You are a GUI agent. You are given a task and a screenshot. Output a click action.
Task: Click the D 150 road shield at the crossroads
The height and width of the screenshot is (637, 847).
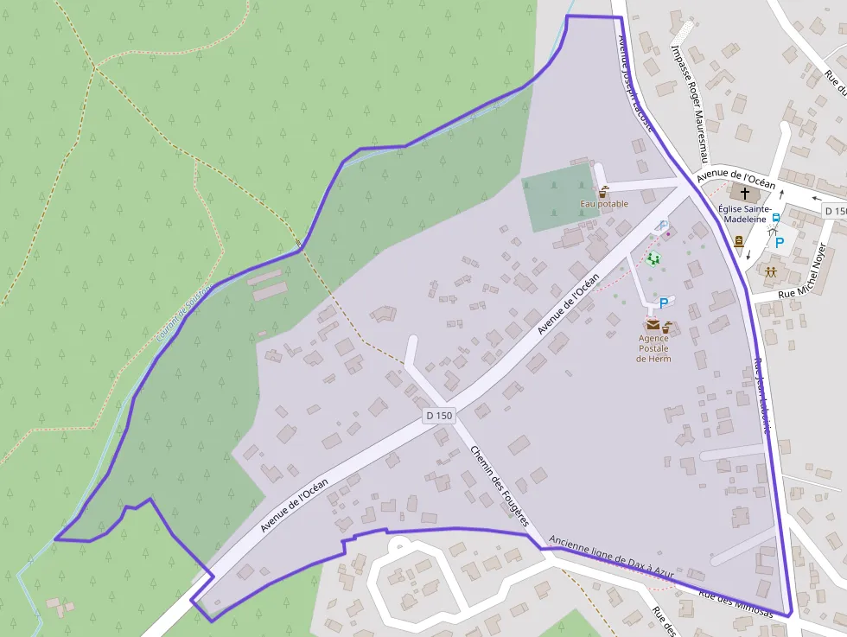(x=439, y=416)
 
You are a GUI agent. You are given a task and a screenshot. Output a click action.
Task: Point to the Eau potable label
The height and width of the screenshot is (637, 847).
(x=604, y=204)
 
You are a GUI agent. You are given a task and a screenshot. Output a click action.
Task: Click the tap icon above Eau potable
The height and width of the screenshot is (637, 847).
(x=603, y=192)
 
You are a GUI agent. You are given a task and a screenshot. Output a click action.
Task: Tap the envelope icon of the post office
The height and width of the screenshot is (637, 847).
(x=653, y=326)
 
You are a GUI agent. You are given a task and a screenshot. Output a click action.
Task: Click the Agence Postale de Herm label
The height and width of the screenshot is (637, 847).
(x=653, y=348)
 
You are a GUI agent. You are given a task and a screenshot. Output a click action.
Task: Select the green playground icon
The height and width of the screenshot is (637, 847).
(x=653, y=258)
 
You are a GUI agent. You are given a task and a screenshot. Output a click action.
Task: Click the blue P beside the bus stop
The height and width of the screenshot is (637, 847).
(x=780, y=243)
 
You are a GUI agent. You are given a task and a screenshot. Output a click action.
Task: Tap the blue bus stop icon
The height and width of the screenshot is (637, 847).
(x=775, y=220)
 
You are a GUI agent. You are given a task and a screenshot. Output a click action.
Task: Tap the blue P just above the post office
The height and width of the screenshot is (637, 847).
(x=664, y=303)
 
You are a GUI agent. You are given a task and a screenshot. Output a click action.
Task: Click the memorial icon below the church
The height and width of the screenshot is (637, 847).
(x=739, y=243)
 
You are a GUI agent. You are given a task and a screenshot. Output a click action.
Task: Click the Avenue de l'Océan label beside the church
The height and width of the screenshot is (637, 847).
(x=736, y=176)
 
